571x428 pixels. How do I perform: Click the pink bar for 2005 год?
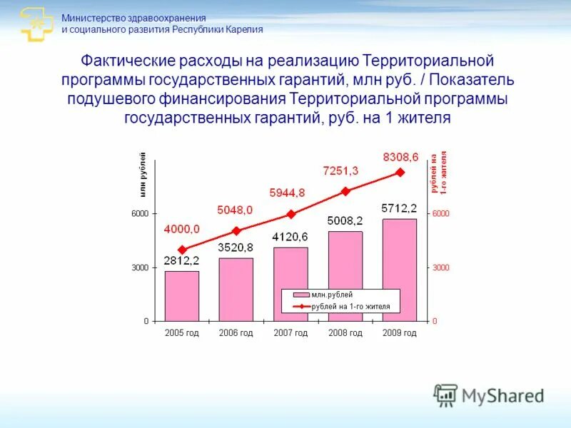pyautogui.click(x=182, y=296)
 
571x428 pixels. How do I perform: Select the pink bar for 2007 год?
pyautogui.click(x=290, y=284)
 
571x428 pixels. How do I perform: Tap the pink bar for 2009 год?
pyautogui.click(x=400, y=270)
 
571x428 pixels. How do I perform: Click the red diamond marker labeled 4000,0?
pyautogui.click(x=182, y=250)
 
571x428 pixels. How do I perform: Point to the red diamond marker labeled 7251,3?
pyautogui.click(x=345, y=191)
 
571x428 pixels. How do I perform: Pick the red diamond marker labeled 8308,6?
pyautogui.click(x=400, y=172)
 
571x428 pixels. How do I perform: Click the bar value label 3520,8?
pyautogui.click(x=236, y=248)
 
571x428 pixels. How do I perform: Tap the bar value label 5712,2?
pyautogui.click(x=399, y=208)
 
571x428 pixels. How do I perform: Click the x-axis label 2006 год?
pyautogui.click(x=236, y=333)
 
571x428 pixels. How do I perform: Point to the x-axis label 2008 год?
pyautogui.click(x=345, y=333)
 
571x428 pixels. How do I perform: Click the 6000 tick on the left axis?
pyautogui.click(x=139, y=214)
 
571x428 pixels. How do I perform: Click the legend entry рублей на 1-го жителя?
pyautogui.click(x=350, y=307)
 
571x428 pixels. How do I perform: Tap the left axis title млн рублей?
pyautogui.click(x=143, y=175)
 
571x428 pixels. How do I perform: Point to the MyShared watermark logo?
pyautogui.click(x=490, y=395)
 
